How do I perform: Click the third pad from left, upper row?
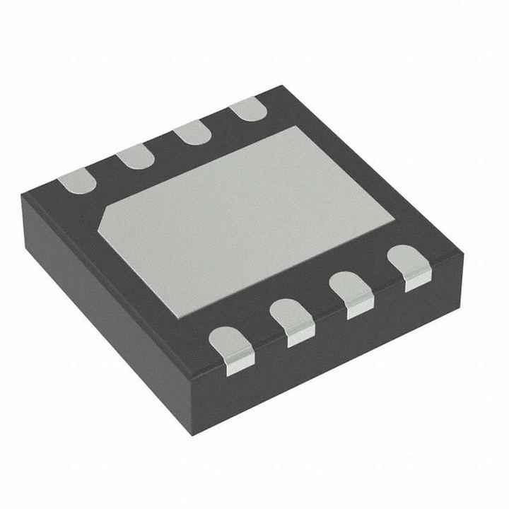[x=192, y=132]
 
